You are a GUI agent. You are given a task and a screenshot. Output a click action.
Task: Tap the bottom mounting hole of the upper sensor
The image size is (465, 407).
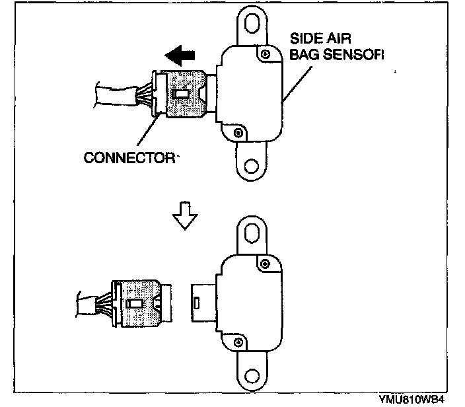click(251, 166)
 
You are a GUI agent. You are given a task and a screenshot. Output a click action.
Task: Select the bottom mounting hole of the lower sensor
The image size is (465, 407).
click(252, 377)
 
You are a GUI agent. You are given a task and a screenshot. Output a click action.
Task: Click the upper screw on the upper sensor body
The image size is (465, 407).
click(265, 54)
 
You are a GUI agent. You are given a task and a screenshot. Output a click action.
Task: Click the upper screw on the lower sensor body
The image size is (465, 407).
click(265, 264)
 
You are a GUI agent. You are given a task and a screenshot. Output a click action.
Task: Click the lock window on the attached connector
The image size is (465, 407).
click(180, 94)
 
